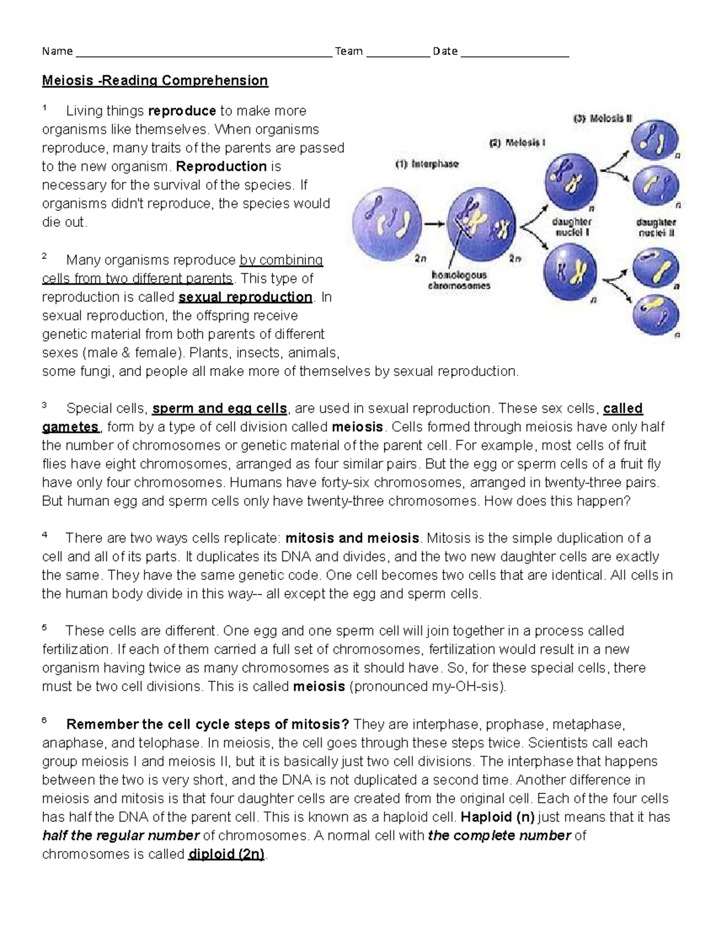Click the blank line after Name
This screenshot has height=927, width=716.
(203, 53)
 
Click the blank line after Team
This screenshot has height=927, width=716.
(397, 53)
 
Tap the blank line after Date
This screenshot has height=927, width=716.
(515, 53)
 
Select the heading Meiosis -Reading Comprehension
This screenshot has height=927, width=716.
(155, 81)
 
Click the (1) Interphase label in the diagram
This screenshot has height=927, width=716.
(427, 164)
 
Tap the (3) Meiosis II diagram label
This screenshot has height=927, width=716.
(602, 118)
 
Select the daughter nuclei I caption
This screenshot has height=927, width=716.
(572, 227)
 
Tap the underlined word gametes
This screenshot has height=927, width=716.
(70, 427)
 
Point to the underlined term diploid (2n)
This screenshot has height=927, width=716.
(226, 854)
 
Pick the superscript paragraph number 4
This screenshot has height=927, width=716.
(45, 535)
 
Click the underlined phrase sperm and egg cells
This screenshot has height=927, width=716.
(220, 409)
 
